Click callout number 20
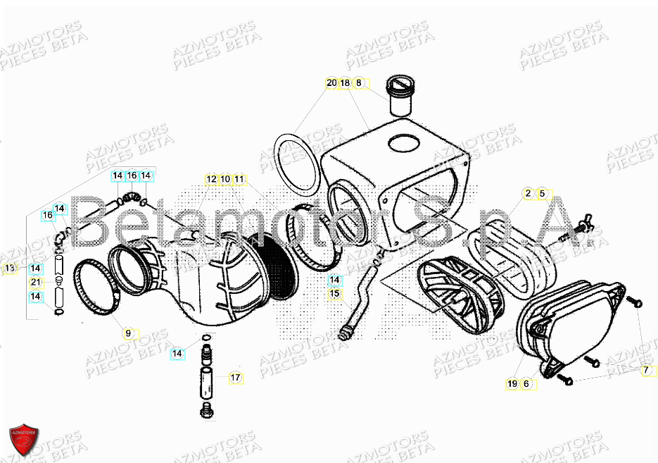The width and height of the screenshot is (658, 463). coord(331,83)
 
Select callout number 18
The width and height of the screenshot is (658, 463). coord(345,83)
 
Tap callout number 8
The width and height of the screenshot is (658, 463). coord(358,83)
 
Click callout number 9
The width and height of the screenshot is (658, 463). coord(128,333)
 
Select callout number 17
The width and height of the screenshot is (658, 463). coord(235,378)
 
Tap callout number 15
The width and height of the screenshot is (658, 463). coord(334,293)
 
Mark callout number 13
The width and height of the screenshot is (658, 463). coord(9,268)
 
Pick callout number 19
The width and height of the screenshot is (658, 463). coord(512,384)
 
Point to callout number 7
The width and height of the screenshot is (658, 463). coord(645,370)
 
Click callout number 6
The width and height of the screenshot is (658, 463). coord(526,384)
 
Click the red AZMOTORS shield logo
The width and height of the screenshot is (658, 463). coord(23,440)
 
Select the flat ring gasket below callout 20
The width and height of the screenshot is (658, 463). coord(293,161)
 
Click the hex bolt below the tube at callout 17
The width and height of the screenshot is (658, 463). coord(207,409)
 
